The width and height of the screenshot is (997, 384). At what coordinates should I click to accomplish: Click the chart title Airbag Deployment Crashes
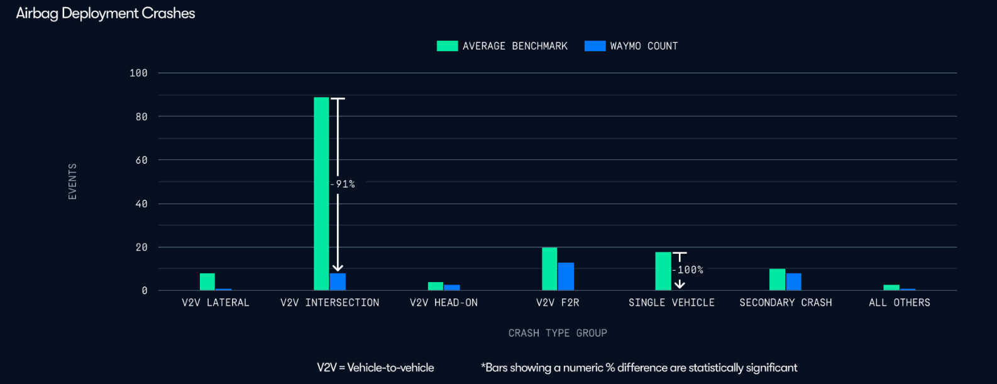point(106,13)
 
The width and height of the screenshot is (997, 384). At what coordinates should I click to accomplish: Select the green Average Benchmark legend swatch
point(447,46)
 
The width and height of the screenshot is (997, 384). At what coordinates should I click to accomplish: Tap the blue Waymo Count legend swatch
point(595,46)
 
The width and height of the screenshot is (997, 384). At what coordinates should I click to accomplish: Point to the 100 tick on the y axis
point(138,73)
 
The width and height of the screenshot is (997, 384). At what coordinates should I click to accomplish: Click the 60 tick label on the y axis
point(141,161)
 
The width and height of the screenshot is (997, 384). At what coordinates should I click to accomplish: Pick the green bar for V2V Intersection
point(321,194)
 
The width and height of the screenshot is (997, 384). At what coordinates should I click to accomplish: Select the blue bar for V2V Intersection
point(338,282)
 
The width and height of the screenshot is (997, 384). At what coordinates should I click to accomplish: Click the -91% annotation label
point(343,184)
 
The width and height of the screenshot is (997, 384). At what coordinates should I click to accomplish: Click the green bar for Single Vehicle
point(663,271)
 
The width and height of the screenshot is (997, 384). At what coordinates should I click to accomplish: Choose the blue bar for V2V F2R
point(566,277)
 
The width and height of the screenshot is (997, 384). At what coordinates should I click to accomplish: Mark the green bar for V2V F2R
point(549,269)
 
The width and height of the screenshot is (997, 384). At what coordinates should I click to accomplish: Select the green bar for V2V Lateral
point(207,282)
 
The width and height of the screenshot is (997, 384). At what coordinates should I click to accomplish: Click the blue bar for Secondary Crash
point(794,282)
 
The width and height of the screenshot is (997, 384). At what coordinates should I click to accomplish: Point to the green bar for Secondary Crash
point(778,280)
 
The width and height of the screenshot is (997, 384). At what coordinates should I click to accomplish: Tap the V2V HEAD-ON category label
point(444,303)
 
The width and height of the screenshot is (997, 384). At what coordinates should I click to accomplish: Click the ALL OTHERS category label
point(900,303)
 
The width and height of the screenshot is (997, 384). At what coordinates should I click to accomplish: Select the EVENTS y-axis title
point(72,181)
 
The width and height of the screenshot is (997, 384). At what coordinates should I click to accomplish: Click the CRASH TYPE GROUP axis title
point(558,333)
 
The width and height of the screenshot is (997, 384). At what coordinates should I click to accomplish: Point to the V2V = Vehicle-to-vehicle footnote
point(375,368)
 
